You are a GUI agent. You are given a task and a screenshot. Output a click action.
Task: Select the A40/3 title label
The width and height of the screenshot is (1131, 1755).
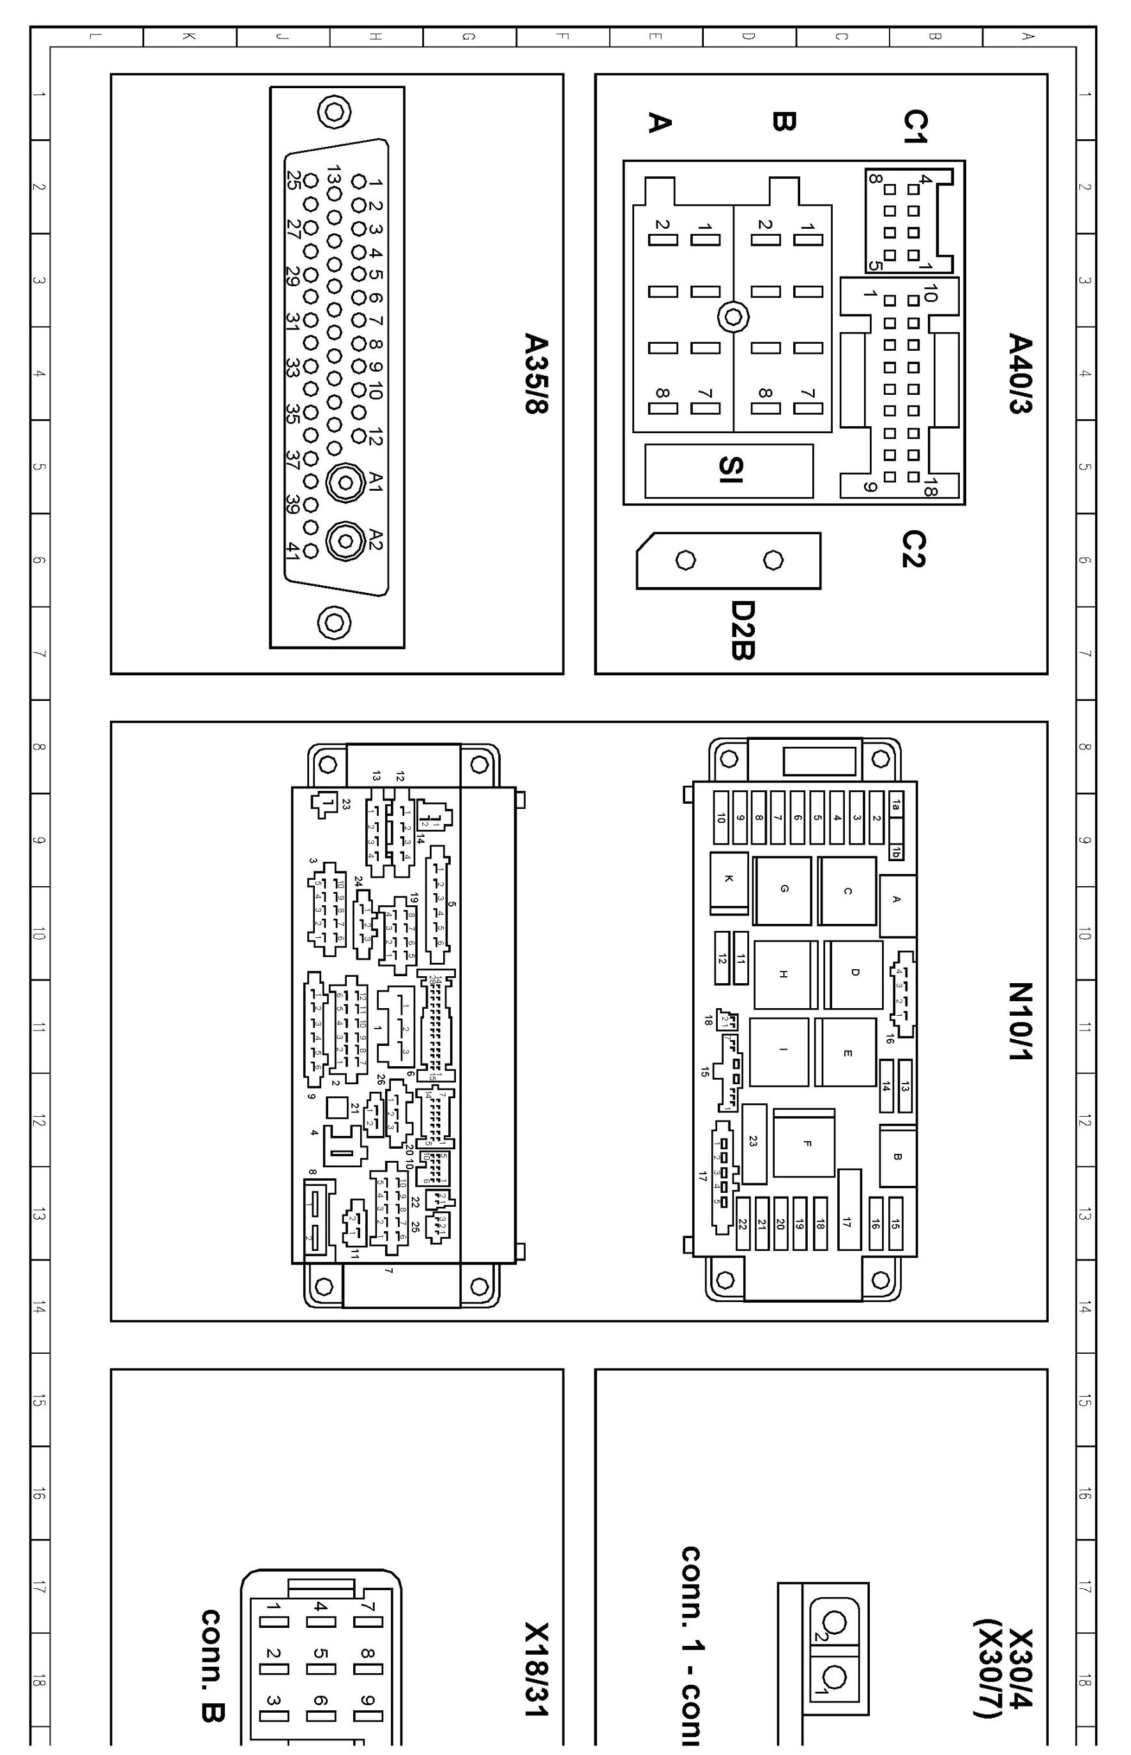[1020, 374]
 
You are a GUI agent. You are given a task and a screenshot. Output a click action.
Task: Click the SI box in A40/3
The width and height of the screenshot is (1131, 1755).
[729, 470]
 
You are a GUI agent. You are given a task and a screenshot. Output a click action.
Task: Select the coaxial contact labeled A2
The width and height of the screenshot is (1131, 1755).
[345, 541]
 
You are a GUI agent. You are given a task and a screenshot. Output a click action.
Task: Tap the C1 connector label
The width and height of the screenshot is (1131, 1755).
[915, 126]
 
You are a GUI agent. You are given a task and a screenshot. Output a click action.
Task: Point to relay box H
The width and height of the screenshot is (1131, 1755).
[784, 974]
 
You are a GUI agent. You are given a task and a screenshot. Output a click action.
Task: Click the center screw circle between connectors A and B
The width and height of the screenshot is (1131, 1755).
[732, 318]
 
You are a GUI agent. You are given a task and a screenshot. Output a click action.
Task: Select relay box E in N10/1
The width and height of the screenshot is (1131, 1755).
[847, 1053]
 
